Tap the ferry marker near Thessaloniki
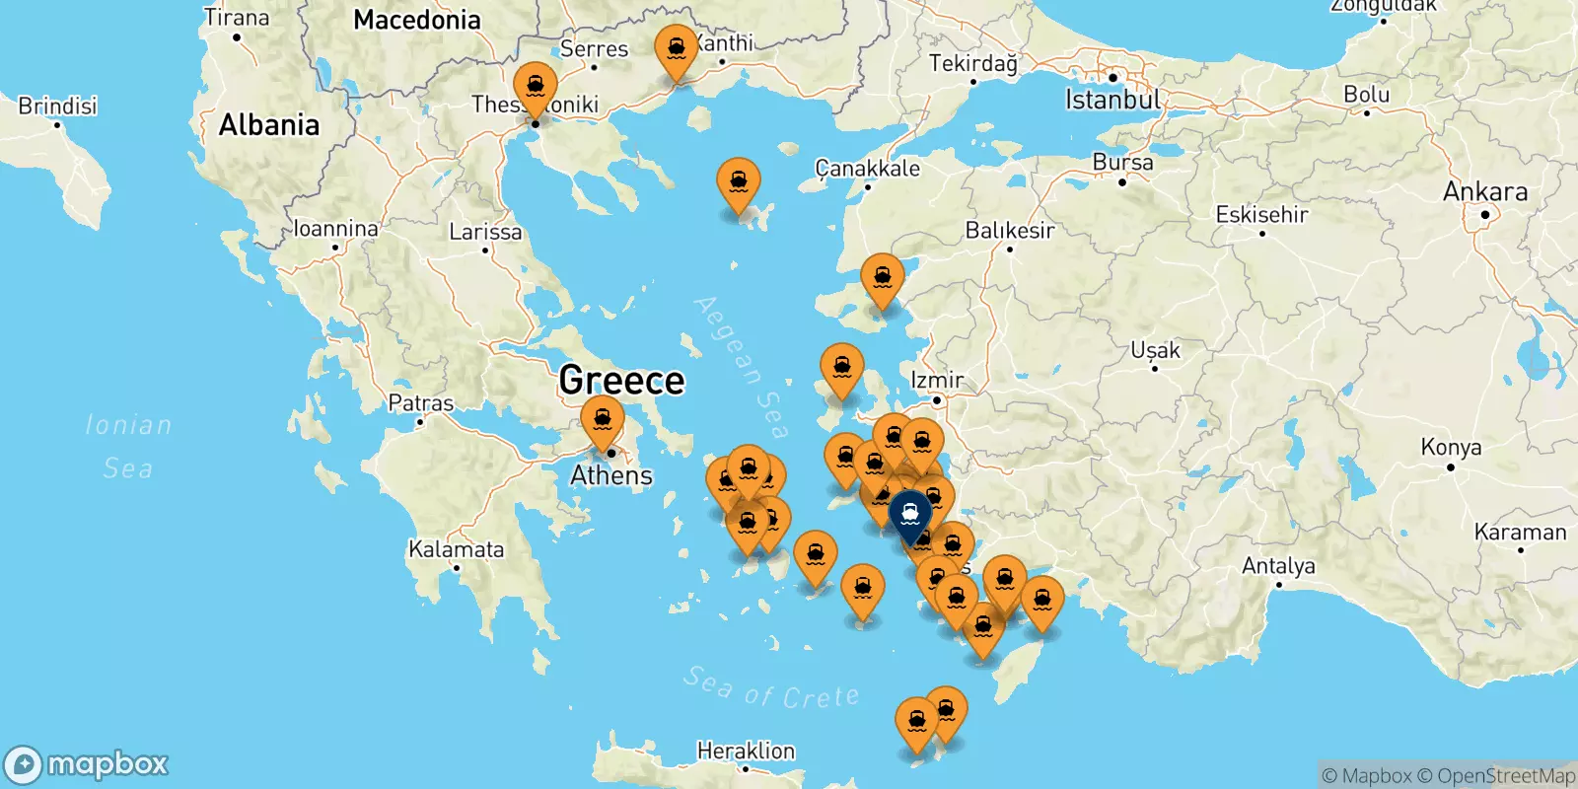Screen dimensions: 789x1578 click(535, 86)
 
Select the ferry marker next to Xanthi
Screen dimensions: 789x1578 click(677, 49)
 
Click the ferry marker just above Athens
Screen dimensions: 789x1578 click(603, 420)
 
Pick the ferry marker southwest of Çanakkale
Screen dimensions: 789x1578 click(739, 183)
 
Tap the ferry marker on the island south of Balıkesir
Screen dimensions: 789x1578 click(882, 279)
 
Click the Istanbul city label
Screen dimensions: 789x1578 click(1112, 100)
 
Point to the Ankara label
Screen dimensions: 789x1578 click(1485, 191)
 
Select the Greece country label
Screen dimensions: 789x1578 click(621, 380)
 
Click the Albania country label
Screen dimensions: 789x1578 click(269, 125)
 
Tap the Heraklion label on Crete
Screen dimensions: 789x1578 click(746, 751)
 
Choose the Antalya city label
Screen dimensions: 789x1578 click(1278, 566)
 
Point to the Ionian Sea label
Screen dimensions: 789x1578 click(128, 446)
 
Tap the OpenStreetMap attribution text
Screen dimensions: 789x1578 click(1496, 776)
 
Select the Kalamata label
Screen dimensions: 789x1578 click(456, 549)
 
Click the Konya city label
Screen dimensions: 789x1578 click(1451, 447)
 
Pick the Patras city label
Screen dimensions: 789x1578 click(421, 402)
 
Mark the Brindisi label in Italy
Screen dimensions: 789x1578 click(57, 106)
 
